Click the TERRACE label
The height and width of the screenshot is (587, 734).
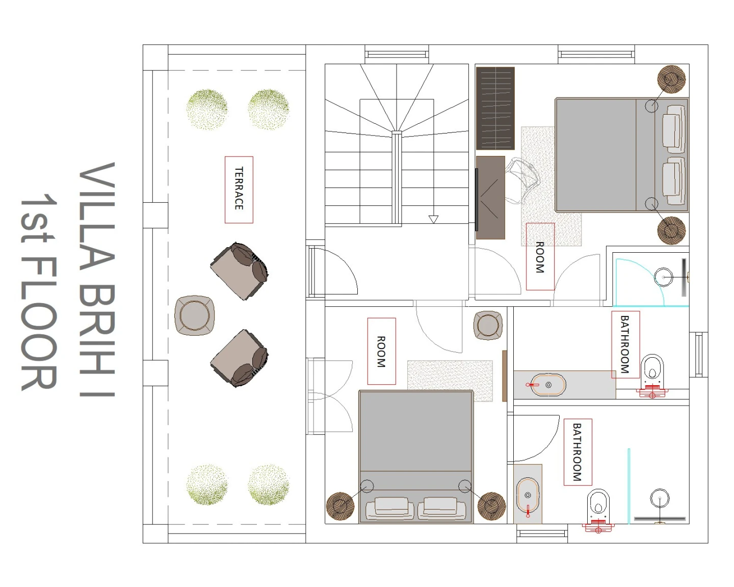(x=239, y=189)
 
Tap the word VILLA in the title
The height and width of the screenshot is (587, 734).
(x=97, y=216)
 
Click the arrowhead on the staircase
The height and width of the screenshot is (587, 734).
(x=433, y=219)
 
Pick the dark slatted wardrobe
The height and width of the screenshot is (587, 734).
(x=495, y=109)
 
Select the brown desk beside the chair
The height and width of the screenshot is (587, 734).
(x=490, y=198)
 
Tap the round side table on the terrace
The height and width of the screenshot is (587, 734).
(x=194, y=315)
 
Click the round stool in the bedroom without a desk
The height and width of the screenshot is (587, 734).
(x=488, y=325)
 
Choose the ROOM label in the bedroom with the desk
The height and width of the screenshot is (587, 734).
(x=540, y=257)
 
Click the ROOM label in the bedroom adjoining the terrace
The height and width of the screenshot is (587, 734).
(x=381, y=351)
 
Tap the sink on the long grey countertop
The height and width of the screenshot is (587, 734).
(x=548, y=385)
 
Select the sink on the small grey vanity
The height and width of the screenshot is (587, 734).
(x=528, y=495)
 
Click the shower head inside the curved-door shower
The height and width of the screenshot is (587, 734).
(x=663, y=277)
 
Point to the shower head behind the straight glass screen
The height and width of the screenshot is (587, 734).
(x=660, y=498)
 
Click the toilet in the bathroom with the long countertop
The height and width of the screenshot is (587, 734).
(x=652, y=375)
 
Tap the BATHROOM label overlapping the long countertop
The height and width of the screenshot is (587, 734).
(x=625, y=344)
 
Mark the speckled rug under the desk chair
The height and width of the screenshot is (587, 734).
(x=550, y=186)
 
